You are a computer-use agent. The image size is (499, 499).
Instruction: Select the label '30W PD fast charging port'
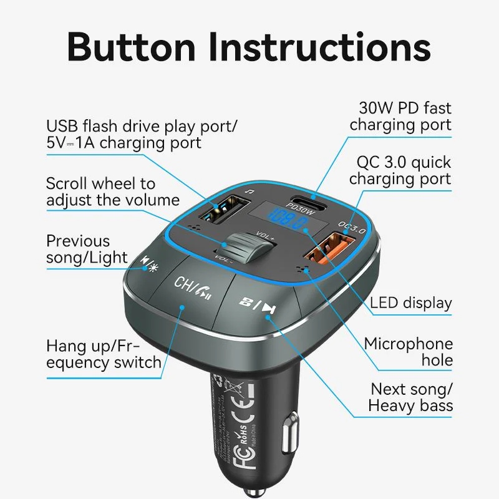[400, 116]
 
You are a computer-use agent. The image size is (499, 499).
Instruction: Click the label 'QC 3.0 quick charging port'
[400, 170]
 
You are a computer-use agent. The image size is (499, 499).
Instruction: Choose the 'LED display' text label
[411, 303]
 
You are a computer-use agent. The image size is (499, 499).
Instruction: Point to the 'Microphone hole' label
[409, 352]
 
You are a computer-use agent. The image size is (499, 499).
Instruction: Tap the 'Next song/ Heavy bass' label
[410, 397]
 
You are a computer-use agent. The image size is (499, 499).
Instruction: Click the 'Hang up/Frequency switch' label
[104, 354]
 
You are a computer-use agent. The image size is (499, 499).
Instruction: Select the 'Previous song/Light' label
[87, 249]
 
